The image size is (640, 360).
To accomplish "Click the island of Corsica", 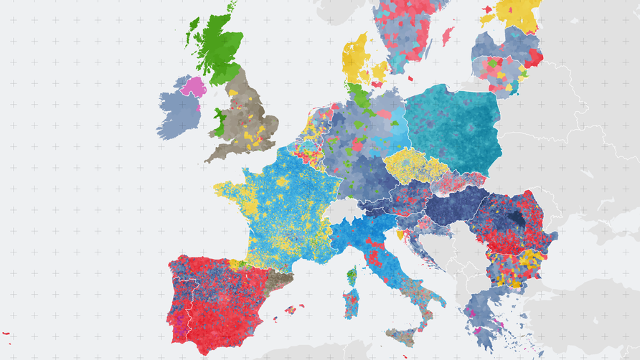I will click(352, 275).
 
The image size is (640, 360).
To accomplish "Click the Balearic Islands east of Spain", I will click(291, 310).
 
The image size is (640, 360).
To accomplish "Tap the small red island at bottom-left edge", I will click(6, 333).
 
